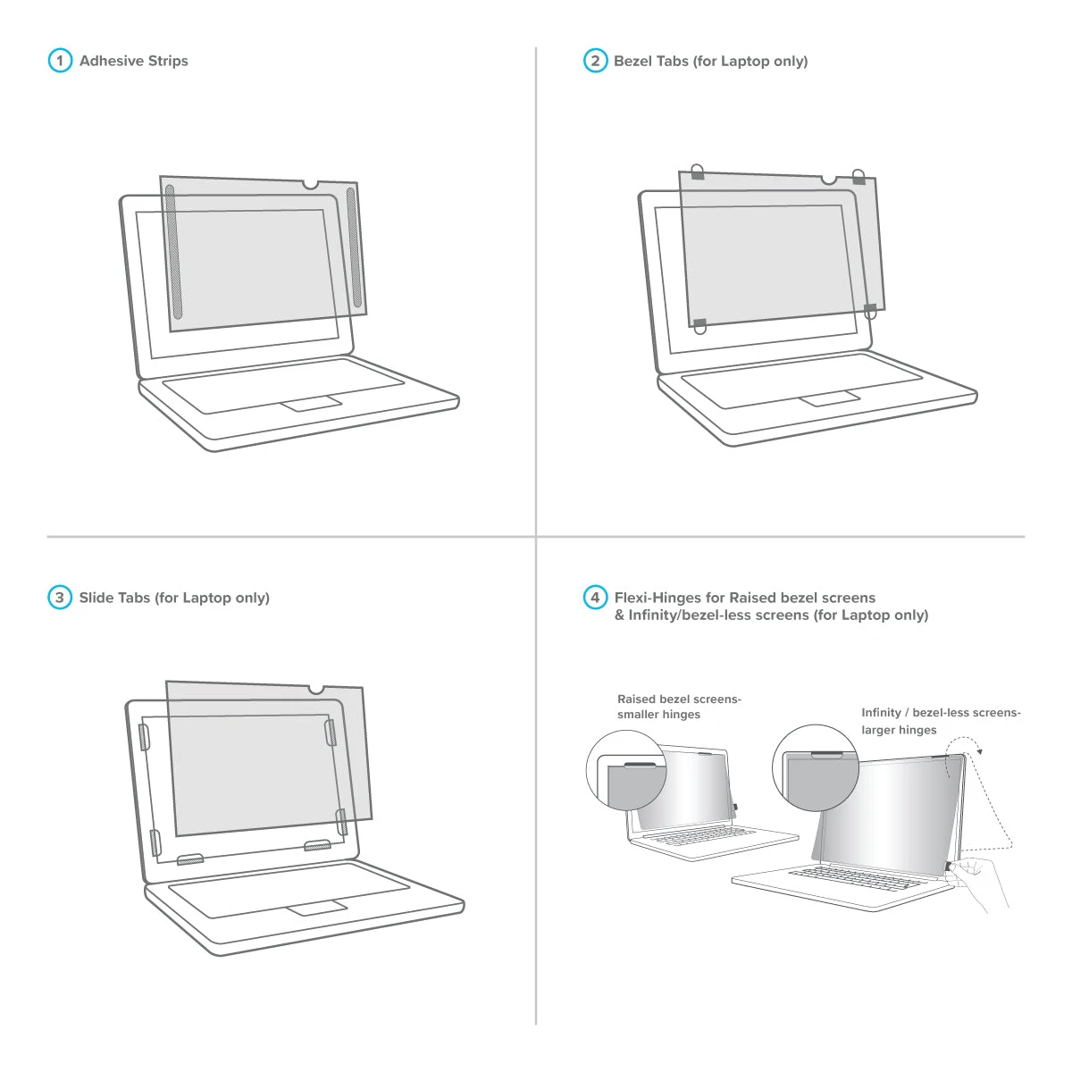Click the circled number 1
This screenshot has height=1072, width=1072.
60,61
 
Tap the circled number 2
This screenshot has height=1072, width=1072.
595,61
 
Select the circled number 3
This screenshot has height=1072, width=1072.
60,598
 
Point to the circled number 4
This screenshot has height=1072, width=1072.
595,598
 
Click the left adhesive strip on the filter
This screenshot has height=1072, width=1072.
173,251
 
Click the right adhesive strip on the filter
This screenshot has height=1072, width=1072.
355,247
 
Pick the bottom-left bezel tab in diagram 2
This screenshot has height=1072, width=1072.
699,325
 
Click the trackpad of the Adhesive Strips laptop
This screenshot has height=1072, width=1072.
311,404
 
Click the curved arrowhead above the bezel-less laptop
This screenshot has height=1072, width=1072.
980,752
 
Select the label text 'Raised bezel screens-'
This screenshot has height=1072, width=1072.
679,699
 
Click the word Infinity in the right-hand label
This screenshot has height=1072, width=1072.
881,713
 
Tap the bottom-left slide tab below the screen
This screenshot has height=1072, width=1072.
189,859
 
